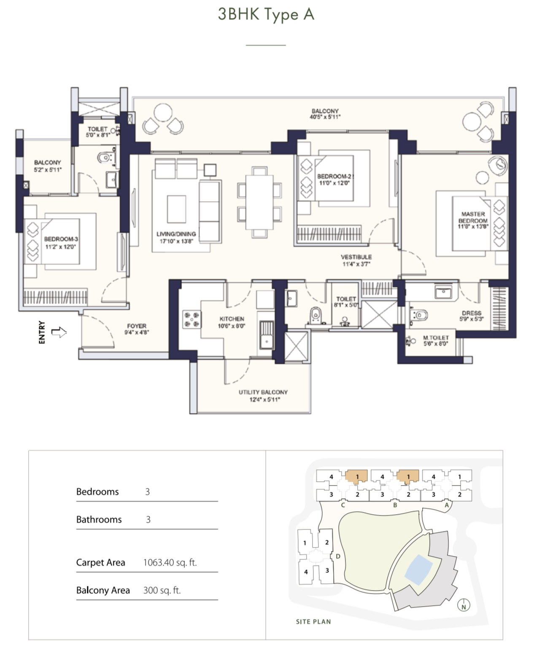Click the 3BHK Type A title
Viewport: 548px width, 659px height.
[266, 14]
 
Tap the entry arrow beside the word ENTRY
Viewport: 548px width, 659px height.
[59, 332]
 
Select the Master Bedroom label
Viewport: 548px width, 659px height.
[473, 220]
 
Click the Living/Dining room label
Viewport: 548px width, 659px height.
[176, 238]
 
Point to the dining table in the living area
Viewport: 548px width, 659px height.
[259, 202]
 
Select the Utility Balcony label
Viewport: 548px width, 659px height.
[263, 396]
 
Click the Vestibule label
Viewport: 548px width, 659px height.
[356, 260]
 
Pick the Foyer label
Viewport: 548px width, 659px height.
[137, 329]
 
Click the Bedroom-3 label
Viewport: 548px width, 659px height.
[61, 243]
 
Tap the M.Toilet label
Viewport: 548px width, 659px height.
[436, 340]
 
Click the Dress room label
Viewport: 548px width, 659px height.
[472, 316]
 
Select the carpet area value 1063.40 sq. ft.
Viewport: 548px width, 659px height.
[170, 562]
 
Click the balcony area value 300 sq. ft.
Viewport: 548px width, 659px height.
[162, 590]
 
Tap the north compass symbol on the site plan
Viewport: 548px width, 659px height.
[464, 605]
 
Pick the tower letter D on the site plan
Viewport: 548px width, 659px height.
[338, 556]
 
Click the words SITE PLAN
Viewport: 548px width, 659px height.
[313, 622]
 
